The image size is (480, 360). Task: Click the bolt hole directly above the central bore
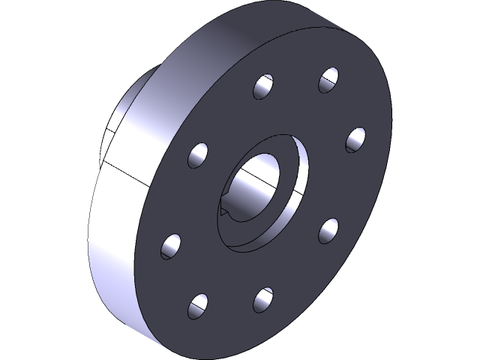(263, 87)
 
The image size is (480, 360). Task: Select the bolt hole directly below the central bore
(262, 298)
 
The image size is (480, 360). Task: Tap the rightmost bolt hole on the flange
(355, 139)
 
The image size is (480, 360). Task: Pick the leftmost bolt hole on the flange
(171, 245)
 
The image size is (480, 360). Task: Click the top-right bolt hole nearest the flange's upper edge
(328, 79)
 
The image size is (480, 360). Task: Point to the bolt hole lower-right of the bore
(328, 229)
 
